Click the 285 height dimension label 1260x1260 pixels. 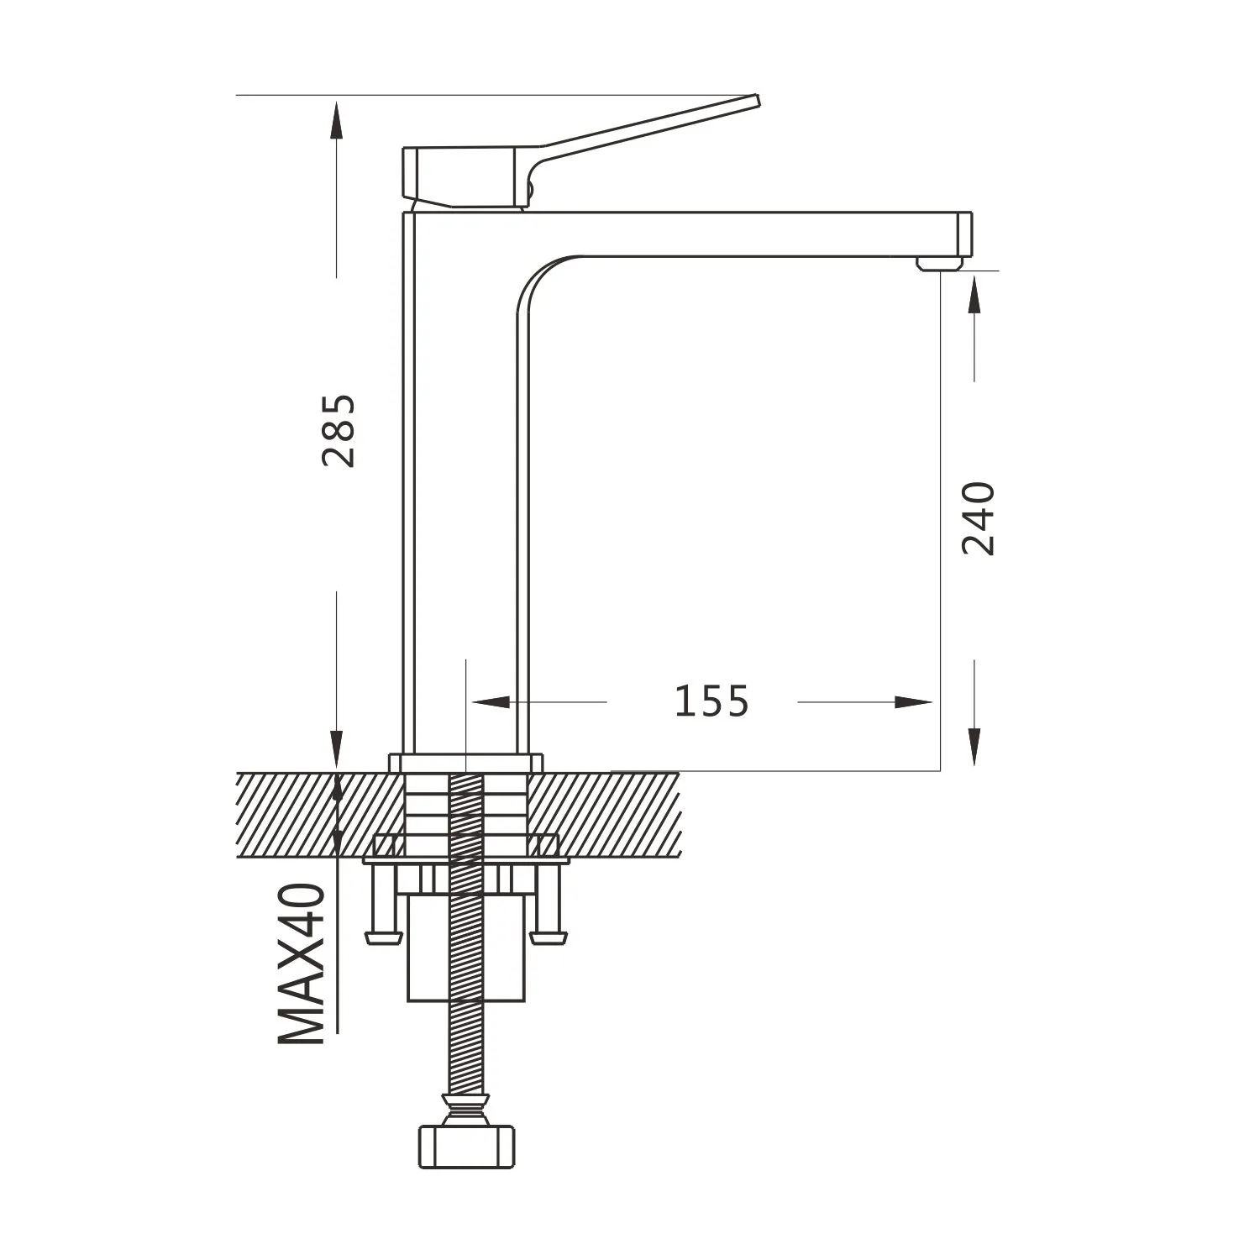(339, 430)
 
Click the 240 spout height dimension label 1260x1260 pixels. (978, 518)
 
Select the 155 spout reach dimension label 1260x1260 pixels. (711, 701)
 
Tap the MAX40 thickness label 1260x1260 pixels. (302, 963)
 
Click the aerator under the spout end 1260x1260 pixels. (939, 264)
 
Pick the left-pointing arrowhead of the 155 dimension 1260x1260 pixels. (491, 702)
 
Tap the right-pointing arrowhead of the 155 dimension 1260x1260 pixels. (914, 702)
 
